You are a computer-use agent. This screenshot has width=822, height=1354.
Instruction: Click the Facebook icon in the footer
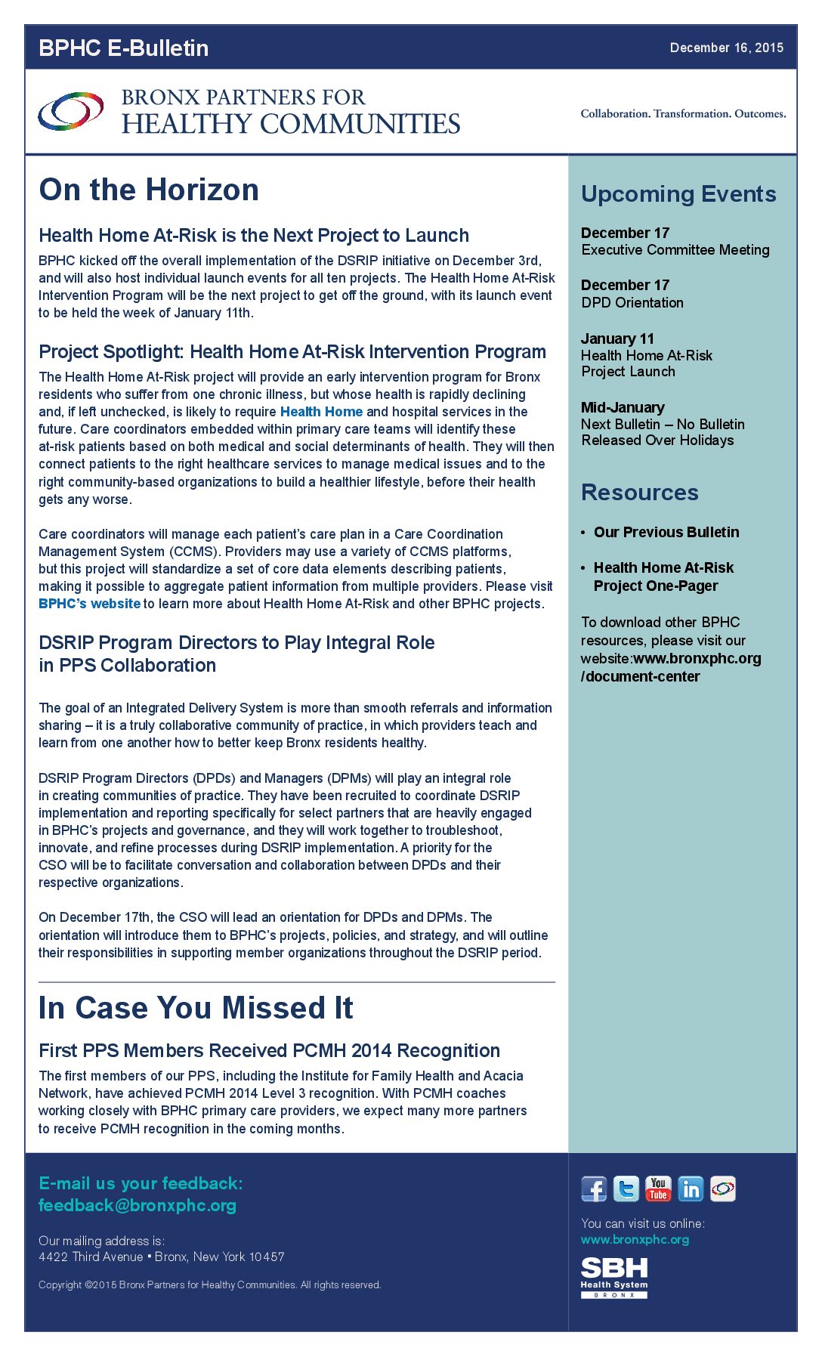click(594, 1189)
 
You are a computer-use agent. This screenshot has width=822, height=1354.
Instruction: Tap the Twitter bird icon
click(626, 1189)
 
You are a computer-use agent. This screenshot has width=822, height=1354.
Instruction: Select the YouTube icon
click(658, 1189)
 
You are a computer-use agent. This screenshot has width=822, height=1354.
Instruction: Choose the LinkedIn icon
click(691, 1189)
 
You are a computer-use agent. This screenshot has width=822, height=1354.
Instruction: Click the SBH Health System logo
click(614, 1278)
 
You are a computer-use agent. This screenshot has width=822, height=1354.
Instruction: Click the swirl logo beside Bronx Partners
click(71, 111)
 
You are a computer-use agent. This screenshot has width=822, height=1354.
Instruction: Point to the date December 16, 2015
click(726, 48)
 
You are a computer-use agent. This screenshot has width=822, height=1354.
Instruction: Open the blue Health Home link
click(321, 412)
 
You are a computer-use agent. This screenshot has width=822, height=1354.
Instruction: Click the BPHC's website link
click(89, 604)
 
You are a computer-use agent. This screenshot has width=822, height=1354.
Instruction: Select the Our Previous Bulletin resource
click(666, 532)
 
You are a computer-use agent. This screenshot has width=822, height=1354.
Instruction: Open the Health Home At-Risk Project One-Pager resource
click(663, 577)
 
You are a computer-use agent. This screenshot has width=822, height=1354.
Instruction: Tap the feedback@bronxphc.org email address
click(138, 1205)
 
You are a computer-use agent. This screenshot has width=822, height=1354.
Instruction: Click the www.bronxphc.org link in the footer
click(635, 1239)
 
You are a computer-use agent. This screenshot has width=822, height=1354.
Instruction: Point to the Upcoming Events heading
click(678, 194)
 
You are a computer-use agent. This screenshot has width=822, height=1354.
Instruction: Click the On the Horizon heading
click(149, 190)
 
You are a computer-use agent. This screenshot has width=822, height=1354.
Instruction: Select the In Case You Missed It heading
click(196, 1008)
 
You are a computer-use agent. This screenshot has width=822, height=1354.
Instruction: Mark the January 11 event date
click(617, 338)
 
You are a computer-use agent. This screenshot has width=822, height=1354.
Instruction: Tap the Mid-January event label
click(623, 407)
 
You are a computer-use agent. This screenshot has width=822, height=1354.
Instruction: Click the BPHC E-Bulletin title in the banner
click(123, 48)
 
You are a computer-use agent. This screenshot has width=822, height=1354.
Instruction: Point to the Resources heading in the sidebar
click(639, 493)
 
